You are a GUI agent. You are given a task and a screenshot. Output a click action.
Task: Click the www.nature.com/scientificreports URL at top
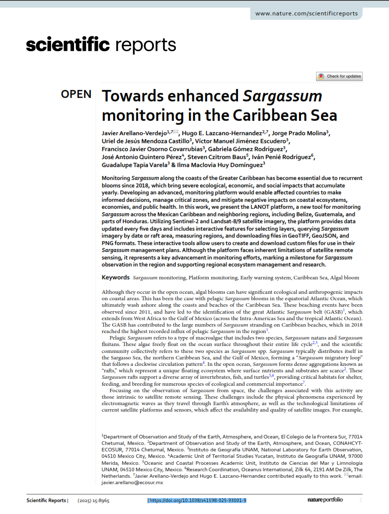(x=306, y=13)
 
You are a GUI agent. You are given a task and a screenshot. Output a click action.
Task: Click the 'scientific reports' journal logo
(x=101, y=45)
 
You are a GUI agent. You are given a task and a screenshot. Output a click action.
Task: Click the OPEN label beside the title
(x=76, y=94)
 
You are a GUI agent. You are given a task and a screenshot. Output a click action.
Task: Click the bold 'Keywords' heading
(x=116, y=277)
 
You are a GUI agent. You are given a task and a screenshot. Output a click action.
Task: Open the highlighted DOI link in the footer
(x=197, y=500)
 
